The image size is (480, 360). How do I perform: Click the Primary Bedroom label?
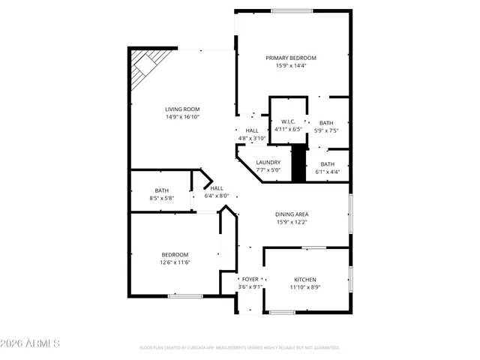point(291,58)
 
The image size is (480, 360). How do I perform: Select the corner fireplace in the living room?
point(142,70)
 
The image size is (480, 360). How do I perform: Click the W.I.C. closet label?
point(289,121)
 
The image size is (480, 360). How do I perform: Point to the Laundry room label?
point(268,162)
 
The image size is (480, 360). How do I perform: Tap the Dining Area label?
point(292,214)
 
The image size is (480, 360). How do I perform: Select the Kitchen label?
point(304,279)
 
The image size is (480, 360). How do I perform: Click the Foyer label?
point(250,279)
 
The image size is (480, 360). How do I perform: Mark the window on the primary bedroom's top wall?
point(292,10)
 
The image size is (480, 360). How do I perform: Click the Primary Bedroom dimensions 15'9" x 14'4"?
point(291,65)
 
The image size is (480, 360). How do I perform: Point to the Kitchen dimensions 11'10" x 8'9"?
point(304,286)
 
